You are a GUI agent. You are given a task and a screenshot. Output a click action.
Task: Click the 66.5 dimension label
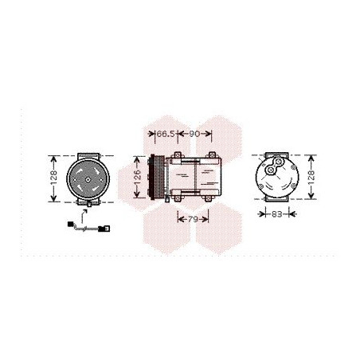coord(164,134)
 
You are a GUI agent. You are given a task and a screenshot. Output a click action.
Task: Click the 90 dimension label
coord(194,134)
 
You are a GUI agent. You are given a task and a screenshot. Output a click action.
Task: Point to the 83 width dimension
coord(275,213)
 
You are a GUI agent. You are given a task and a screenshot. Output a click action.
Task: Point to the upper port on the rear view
coord(280,162)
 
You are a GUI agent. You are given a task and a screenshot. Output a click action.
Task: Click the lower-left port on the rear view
coord(269,170)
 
